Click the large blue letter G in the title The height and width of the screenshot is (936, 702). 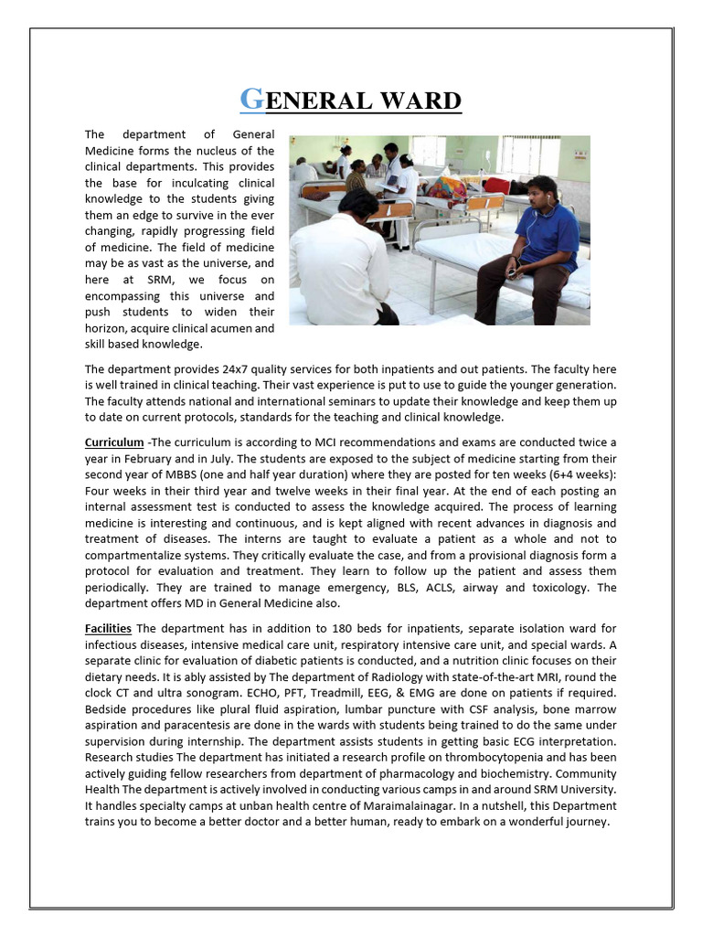pyautogui.click(x=251, y=99)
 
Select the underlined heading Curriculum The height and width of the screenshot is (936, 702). pyautogui.click(x=114, y=442)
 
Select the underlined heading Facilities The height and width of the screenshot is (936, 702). pyautogui.click(x=108, y=628)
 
